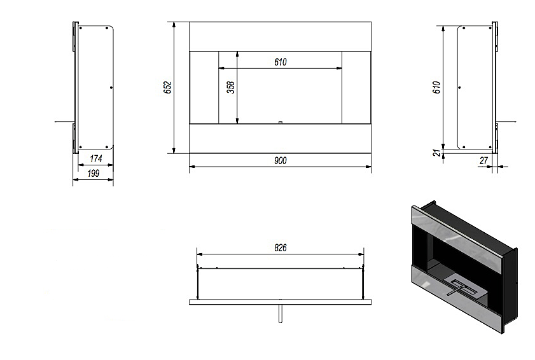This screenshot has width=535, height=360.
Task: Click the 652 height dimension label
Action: pos(167,88)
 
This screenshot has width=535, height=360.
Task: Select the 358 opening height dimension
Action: pos(231,87)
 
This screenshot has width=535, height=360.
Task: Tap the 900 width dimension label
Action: pos(281,161)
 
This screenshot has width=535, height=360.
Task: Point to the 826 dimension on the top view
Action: pos(281,247)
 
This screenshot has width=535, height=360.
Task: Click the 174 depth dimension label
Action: pos(96,158)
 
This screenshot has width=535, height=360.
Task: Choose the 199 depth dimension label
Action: pos(93,174)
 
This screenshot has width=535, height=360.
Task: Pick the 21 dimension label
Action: pos(438,153)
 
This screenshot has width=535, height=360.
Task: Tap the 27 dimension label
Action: pos(484,160)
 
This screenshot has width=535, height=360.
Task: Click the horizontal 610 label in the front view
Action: pos(281,62)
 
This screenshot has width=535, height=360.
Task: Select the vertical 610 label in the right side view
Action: pos(436,88)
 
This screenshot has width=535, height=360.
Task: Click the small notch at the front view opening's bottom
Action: pos(280,122)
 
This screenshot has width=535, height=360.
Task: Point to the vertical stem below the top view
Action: pos(280,314)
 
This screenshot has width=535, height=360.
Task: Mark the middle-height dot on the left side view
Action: pos(111,88)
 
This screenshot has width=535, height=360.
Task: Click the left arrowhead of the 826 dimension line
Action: pos(200,254)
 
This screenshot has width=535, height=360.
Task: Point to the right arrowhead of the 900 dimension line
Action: pos(368,167)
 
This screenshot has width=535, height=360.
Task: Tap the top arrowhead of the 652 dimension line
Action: pos(174,25)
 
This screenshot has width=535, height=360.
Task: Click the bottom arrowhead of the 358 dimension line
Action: pos(237,120)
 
